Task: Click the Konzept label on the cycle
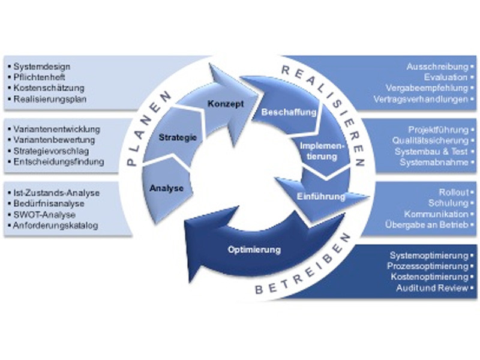pyautogui.click(x=226, y=104)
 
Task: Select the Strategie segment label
pyautogui.click(x=178, y=139)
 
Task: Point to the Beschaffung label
pyautogui.click(x=281, y=112)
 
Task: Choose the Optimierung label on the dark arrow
pyautogui.click(x=255, y=248)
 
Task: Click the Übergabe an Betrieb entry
pyautogui.click(x=428, y=225)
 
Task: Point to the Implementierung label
pyautogui.click(x=323, y=151)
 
